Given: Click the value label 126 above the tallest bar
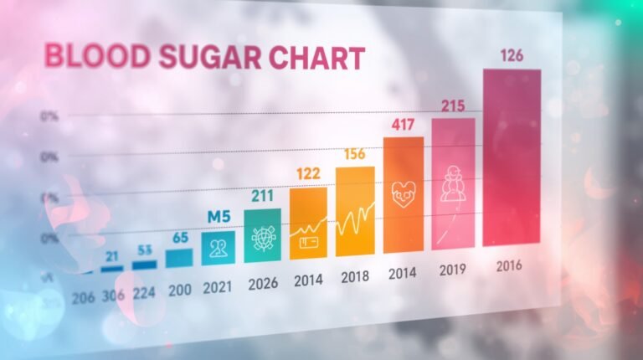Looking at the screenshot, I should coord(512,56).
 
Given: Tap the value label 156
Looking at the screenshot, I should coord(355,155).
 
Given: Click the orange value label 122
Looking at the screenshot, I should coord(308,174).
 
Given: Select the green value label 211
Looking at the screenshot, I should coord(263,196).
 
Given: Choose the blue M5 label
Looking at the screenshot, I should coord(219,217).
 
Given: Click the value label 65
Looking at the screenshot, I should coord(180,238).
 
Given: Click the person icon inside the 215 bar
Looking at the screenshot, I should coord(454,182).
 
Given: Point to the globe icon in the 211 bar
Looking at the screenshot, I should coord(263,238).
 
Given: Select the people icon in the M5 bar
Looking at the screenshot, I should coord(219,249).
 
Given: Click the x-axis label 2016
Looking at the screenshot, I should coord(508,265).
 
